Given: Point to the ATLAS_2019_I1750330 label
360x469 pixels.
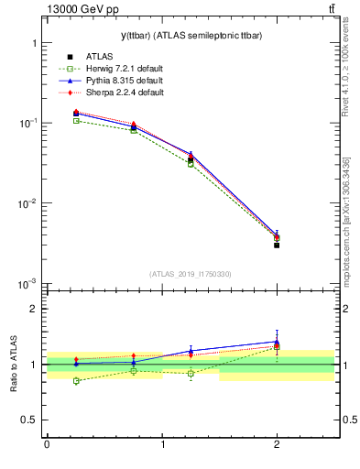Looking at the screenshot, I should click(x=191, y=274).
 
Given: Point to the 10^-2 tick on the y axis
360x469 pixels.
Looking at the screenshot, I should click(x=27, y=203).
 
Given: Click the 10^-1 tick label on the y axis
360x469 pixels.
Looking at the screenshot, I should click(x=27, y=123).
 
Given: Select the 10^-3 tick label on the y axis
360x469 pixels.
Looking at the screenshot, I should click(x=27, y=284).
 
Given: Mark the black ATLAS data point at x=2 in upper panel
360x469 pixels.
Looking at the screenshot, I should click(x=277, y=245).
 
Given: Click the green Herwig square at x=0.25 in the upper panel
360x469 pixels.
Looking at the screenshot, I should click(x=76, y=121).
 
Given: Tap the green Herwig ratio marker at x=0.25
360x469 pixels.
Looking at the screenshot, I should click(x=76, y=381).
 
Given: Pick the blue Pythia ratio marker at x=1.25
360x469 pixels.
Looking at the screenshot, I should click(x=191, y=351).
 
